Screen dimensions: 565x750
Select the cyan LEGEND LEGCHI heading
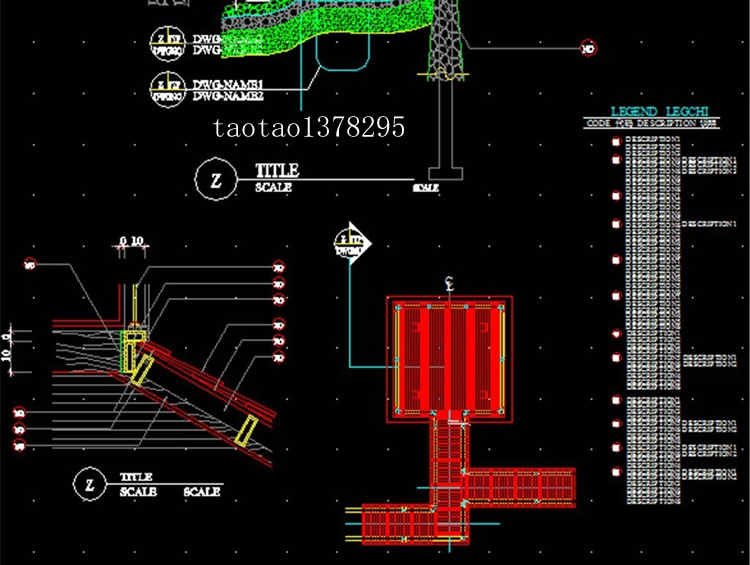[x=659, y=112]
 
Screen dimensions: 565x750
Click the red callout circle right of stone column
[x=588, y=47]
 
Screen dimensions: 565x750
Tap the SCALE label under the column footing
[x=427, y=187]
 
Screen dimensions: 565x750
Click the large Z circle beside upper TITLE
[x=214, y=180]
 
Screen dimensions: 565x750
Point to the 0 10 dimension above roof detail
[x=131, y=241]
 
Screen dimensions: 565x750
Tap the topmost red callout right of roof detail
[x=278, y=267]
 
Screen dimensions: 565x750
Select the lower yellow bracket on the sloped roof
[x=246, y=430]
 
